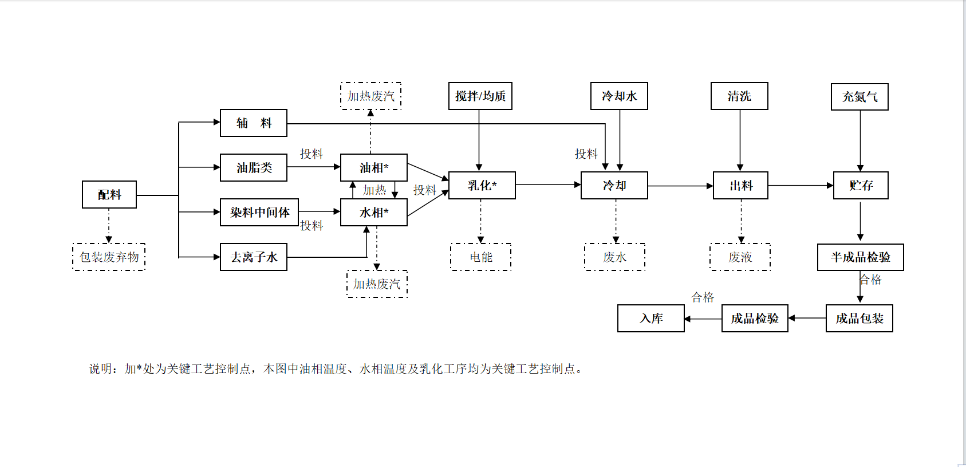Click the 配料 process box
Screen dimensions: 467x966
coord(109,195)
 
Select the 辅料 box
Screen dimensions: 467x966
coord(254,123)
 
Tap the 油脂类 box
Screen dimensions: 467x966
coord(254,168)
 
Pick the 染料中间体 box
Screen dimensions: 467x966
coord(259,213)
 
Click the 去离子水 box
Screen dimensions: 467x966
coord(254,257)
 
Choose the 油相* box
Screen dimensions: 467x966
coord(374,168)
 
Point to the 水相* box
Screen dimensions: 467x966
coord(374,213)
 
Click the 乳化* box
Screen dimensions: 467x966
coord(482,186)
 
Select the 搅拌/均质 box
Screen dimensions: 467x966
coord(480,96)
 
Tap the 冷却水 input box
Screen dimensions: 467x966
coord(619,96)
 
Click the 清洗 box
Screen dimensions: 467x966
coord(739,96)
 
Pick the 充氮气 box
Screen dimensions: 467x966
coord(859,97)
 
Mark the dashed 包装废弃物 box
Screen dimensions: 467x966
coord(109,257)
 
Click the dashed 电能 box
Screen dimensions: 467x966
coord(481,257)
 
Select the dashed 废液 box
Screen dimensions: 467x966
coord(740,257)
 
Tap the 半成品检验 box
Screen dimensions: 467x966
coord(861,257)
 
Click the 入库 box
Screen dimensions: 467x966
coord(651,319)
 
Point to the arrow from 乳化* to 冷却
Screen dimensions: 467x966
coord(548,185)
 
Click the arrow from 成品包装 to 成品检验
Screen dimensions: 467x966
coord(807,318)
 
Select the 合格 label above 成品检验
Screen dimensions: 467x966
coord(703,297)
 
